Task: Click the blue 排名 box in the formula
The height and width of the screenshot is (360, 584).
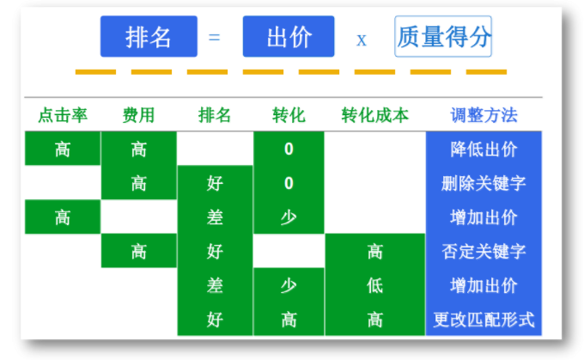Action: click(x=149, y=37)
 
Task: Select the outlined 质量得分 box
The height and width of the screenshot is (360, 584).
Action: click(x=443, y=37)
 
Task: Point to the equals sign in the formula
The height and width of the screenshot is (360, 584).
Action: click(x=215, y=38)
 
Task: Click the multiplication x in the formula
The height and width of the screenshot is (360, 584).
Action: click(x=362, y=40)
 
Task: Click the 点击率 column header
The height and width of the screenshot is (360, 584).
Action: click(x=63, y=115)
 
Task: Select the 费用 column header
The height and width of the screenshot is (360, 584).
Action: click(x=138, y=115)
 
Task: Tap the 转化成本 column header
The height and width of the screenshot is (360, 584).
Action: click(x=374, y=115)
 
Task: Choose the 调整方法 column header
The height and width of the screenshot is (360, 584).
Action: click(x=484, y=115)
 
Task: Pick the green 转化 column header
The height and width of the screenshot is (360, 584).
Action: click(x=289, y=115)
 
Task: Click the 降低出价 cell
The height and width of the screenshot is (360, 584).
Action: click(x=484, y=149)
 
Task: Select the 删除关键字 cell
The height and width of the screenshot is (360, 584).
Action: click(x=484, y=183)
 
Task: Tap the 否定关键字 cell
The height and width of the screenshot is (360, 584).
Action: click(x=484, y=252)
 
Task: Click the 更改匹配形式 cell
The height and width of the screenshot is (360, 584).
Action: click(x=484, y=320)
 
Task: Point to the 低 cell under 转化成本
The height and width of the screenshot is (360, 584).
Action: click(x=374, y=285)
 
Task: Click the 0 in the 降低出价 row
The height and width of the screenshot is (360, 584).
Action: click(x=289, y=149)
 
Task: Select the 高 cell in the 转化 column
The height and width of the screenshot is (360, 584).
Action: click(x=289, y=320)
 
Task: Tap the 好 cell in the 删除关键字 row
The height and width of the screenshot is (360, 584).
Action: click(x=215, y=183)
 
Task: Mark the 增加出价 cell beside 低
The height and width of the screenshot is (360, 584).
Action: click(x=484, y=285)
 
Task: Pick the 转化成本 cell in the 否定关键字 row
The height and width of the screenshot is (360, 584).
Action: click(x=374, y=252)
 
